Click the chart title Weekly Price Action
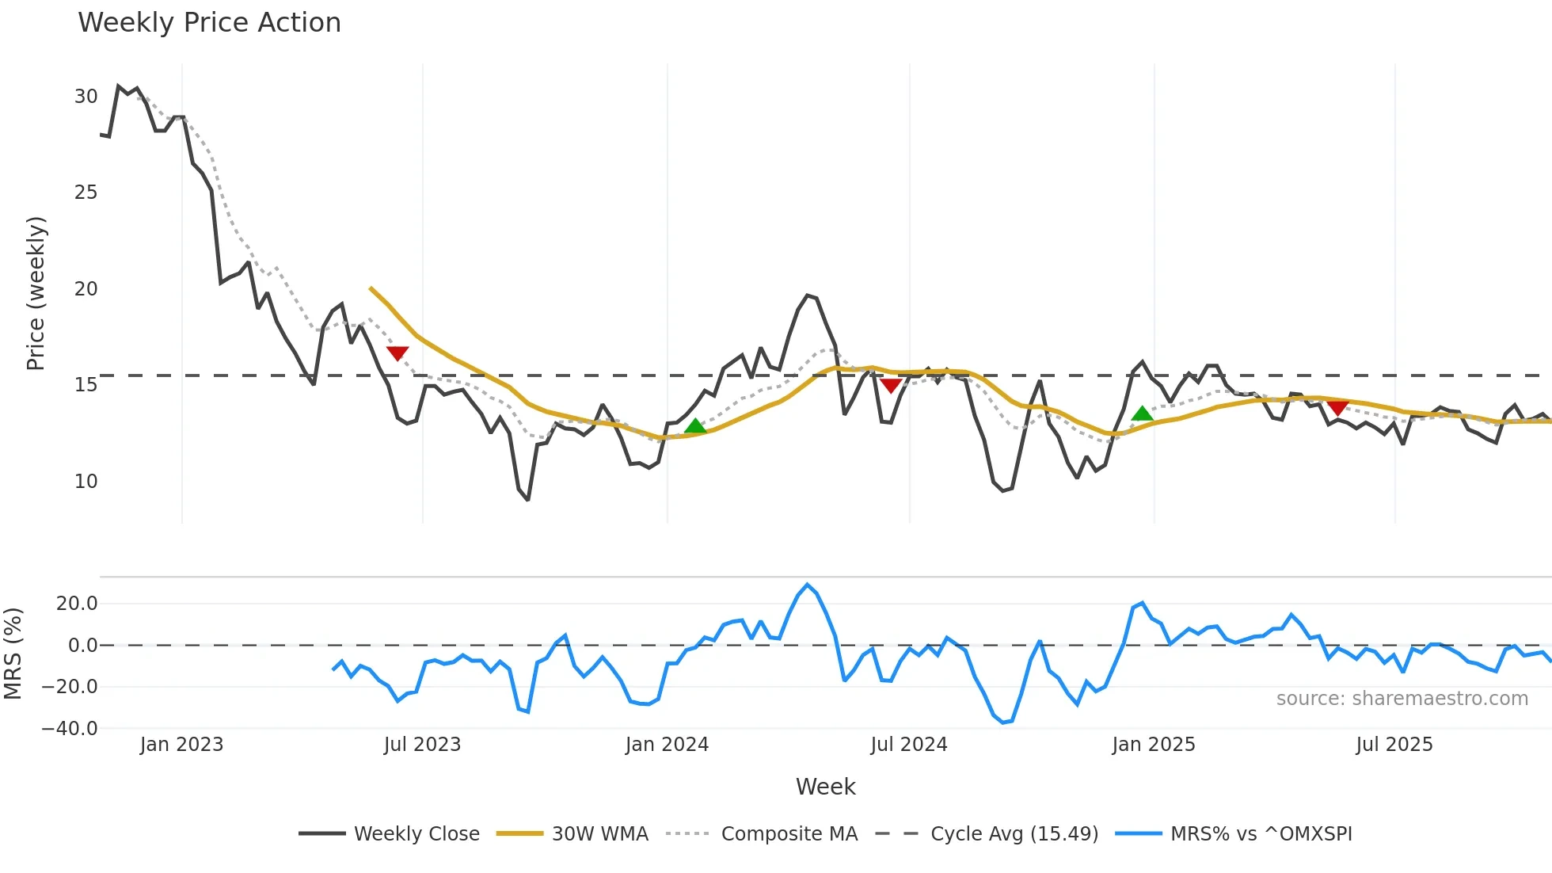pos(209,23)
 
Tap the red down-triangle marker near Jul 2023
pos(398,353)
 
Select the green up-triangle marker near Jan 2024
pos(695,426)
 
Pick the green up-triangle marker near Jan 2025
pos(1142,414)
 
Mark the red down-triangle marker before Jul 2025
pos(1337,407)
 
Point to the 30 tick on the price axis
pos(86,97)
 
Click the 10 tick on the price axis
pos(86,482)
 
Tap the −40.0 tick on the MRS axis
pos(70,729)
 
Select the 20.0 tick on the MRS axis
pos(77,604)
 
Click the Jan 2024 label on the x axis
pos(667,745)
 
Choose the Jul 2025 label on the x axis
pos(1394,745)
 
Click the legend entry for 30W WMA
pos(599,834)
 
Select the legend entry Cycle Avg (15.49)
pos(1014,834)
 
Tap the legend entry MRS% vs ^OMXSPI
pos(1261,834)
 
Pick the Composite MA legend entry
pos(789,834)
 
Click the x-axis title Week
pos(825,787)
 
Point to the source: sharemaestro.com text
pos(1402,699)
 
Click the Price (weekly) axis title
pos(36,293)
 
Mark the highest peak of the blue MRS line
pos(808,585)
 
